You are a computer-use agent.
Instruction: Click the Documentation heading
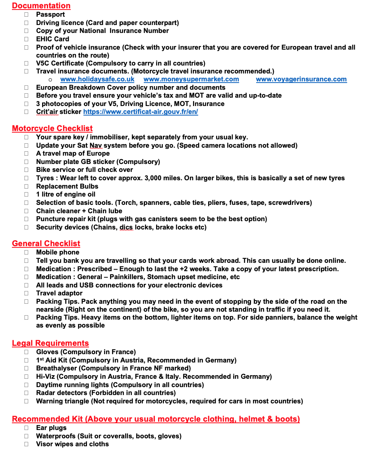(x=41, y=6)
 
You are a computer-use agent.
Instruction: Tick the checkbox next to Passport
(x=26, y=15)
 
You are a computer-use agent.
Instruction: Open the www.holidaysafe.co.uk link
(x=97, y=79)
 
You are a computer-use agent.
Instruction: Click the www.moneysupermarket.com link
(x=191, y=79)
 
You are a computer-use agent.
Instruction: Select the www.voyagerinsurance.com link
(x=301, y=79)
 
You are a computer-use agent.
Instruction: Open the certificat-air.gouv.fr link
(x=141, y=112)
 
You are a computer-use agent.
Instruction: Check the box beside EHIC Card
(x=26, y=39)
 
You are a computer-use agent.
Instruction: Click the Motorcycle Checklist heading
(x=52, y=129)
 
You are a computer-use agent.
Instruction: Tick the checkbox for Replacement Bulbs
(x=26, y=187)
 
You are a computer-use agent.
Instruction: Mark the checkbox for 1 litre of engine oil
(x=26, y=195)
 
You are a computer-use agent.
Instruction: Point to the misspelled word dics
(x=126, y=227)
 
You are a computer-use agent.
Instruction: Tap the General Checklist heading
(x=46, y=244)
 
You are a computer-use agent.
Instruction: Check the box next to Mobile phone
(x=26, y=253)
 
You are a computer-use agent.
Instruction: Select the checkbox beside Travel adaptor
(x=26, y=293)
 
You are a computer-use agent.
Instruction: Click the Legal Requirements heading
(x=50, y=343)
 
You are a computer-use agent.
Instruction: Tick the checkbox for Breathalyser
(x=26, y=368)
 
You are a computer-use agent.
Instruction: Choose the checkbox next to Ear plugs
(x=26, y=428)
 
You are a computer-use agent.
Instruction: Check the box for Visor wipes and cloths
(x=26, y=444)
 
